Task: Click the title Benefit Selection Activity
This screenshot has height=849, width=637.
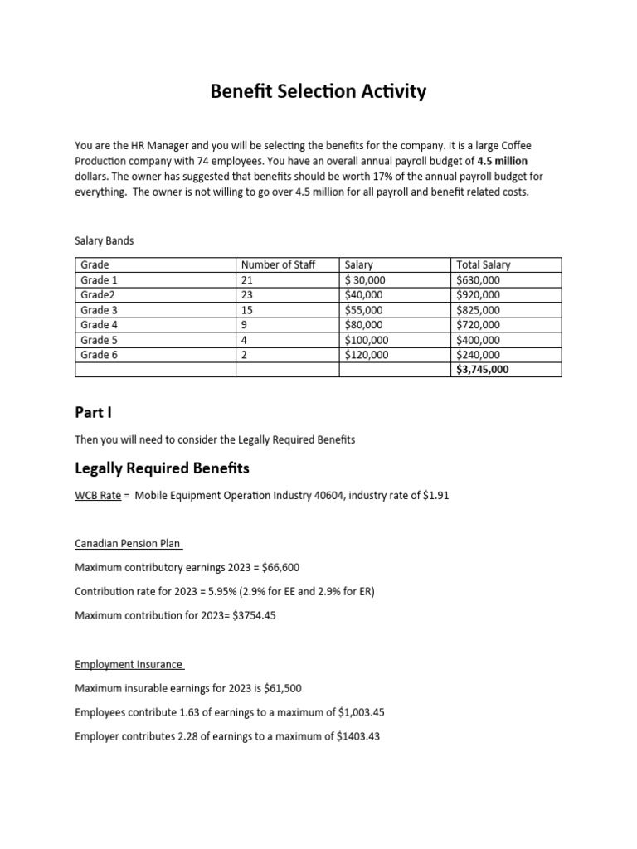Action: (x=318, y=91)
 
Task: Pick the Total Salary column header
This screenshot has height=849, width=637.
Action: (x=484, y=265)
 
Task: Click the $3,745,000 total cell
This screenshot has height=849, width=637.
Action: (x=483, y=370)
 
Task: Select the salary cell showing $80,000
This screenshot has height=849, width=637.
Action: (x=364, y=325)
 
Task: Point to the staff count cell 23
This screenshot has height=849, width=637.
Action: (x=247, y=295)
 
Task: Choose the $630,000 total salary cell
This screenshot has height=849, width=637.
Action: (x=479, y=280)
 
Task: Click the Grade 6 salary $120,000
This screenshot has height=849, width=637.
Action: (x=367, y=355)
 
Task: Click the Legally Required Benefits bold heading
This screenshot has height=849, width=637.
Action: (x=162, y=468)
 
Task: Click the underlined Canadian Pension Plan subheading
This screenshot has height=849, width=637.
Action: (x=128, y=544)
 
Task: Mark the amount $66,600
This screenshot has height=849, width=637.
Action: (x=282, y=568)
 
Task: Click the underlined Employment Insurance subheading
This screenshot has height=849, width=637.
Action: (x=129, y=664)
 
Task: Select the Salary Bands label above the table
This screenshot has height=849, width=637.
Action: (x=104, y=240)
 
